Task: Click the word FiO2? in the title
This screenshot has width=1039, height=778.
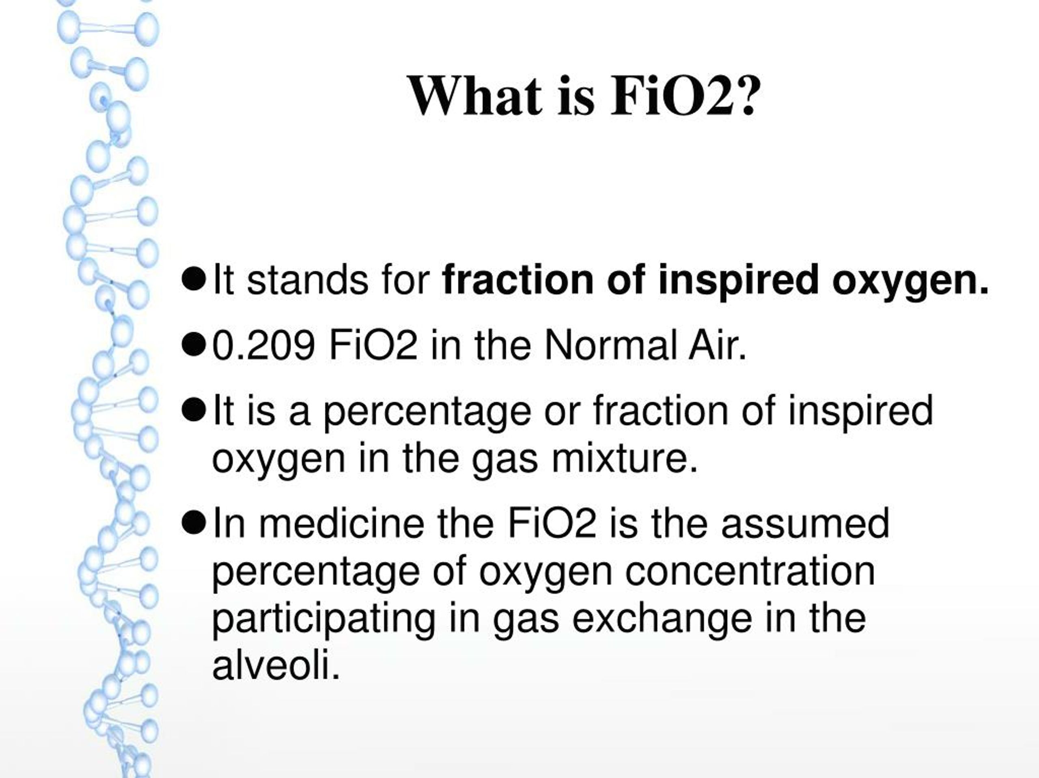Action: coord(684,96)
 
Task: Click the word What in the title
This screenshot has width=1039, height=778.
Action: coord(474,96)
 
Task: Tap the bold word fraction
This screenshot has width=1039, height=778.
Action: coord(518,280)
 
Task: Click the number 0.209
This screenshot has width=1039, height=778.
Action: coord(263,346)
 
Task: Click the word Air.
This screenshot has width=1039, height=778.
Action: coord(718,346)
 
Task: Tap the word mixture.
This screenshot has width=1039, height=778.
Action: coord(625,459)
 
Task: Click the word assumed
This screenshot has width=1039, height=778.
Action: coord(805,523)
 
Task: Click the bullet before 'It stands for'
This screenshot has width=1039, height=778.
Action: coord(194,280)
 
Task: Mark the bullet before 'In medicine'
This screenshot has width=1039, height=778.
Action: coord(194,524)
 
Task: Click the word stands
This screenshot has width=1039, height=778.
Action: coord(307,280)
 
